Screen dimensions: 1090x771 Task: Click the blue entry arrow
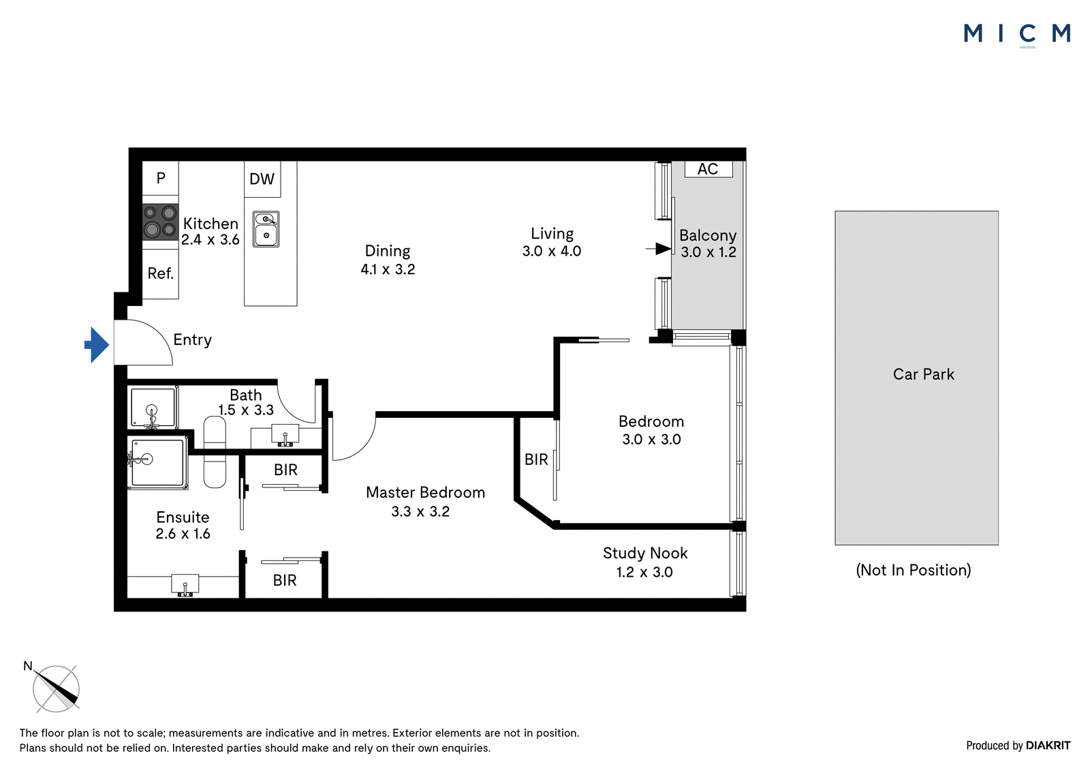pyautogui.click(x=97, y=345)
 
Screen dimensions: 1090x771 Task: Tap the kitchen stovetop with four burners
pyautogui.click(x=160, y=222)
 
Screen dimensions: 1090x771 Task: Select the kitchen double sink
pyautogui.click(x=266, y=229)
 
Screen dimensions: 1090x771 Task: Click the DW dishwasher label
pyautogui.click(x=262, y=179)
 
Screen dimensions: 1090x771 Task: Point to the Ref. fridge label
pyautogui.click(x=161, y=273)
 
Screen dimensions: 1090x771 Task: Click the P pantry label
pyautogui.click(x=161, y=178)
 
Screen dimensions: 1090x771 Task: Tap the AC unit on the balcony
pyautogui.click(x=708, y=169)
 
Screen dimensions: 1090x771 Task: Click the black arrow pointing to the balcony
pyautogui.click(x=659, y=249)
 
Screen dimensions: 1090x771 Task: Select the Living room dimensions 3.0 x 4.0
pyautogui.click(x=552, y=252)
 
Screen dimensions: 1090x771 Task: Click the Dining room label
pyautogui.click(x=388, y=252)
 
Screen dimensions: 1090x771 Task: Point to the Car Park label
pyautogui.click(x=923, y=374)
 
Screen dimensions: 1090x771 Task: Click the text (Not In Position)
pyautogui.click(x=914, y=570)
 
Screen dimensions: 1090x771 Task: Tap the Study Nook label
pyautogui.click(x=644, y=554)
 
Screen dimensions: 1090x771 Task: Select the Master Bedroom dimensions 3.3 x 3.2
pyautogui.click(x=420, y=511)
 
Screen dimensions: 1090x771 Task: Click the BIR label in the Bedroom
pyautogui.click(x=535, y=459)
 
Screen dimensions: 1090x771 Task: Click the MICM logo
pyautogui.click(x=1017, y=35)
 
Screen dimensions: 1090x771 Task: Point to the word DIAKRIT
pyautogui.click(x=1048, y=745)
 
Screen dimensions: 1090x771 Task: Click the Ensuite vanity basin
pyautogui.click(x=185, y=584)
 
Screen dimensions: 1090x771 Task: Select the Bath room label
pyautogui.click(x=246, y=395)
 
